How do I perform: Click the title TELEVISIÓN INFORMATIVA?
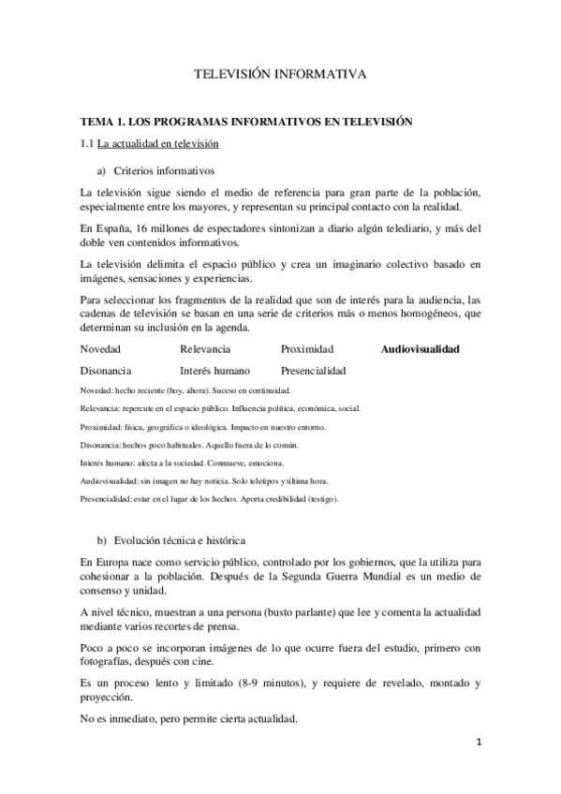[280, 72]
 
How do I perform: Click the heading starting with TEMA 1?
[246, 122]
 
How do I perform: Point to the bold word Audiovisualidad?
[420, 349]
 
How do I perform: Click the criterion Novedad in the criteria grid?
[100, 349]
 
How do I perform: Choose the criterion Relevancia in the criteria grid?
[206, 349]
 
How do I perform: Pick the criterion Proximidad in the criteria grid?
[306, 349]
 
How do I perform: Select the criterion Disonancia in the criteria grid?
[106, 371]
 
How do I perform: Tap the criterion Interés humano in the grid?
[214, 371]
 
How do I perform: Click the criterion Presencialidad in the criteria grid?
[313, 371]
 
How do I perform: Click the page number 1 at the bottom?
[478, 744]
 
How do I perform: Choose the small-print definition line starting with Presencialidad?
[210, 499]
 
